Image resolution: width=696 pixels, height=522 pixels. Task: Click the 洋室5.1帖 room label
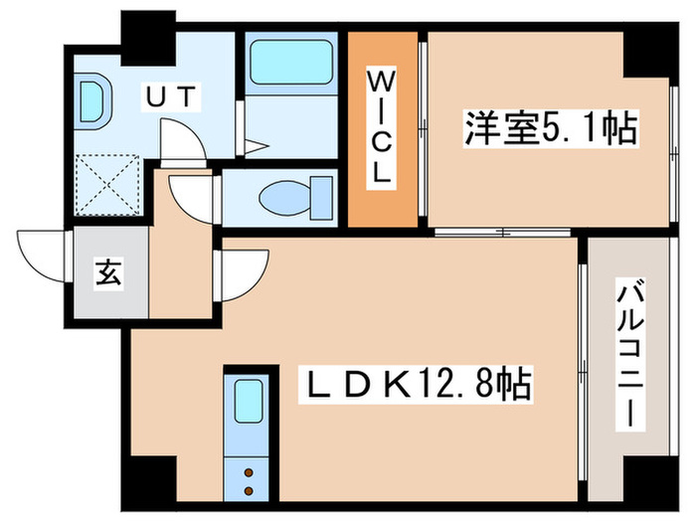click(x=549, y=131)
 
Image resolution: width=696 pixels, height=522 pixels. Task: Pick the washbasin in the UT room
click(x=96, y=101)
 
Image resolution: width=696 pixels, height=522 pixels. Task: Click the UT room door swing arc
click(x=183, y=139)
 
